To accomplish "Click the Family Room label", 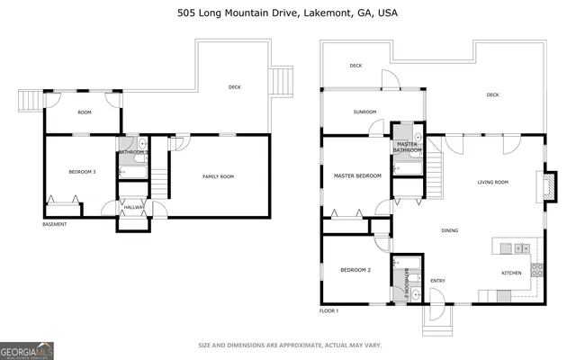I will point(218,176).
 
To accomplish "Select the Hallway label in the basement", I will point(134,207).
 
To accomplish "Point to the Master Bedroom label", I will point(357,175).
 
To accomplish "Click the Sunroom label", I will point(364,112).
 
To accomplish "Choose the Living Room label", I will point(492,182).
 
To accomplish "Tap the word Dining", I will point(449,230).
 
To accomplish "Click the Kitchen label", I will point(511,273).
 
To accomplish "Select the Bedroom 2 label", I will point(355,270).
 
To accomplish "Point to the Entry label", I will point(438,280).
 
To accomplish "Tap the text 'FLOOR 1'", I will point(328,310).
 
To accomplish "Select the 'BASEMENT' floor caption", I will point(54,224).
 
